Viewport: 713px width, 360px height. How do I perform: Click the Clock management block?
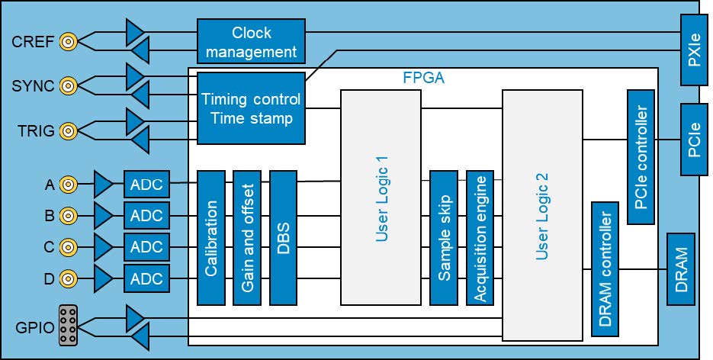(252, 42)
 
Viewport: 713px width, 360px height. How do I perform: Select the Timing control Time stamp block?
(252, 108)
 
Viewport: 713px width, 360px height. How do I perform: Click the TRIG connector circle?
(68, 131)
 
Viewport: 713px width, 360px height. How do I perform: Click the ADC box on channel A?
(146, 184)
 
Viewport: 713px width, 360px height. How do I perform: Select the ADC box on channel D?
(146, 279)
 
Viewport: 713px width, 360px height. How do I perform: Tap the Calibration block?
(213, 237)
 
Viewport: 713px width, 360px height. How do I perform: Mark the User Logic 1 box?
(382, 197)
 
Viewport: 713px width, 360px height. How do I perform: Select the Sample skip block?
(442, 237)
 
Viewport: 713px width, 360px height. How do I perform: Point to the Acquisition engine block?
(479, 237)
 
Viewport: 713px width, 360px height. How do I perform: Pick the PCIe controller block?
(641, 157)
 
